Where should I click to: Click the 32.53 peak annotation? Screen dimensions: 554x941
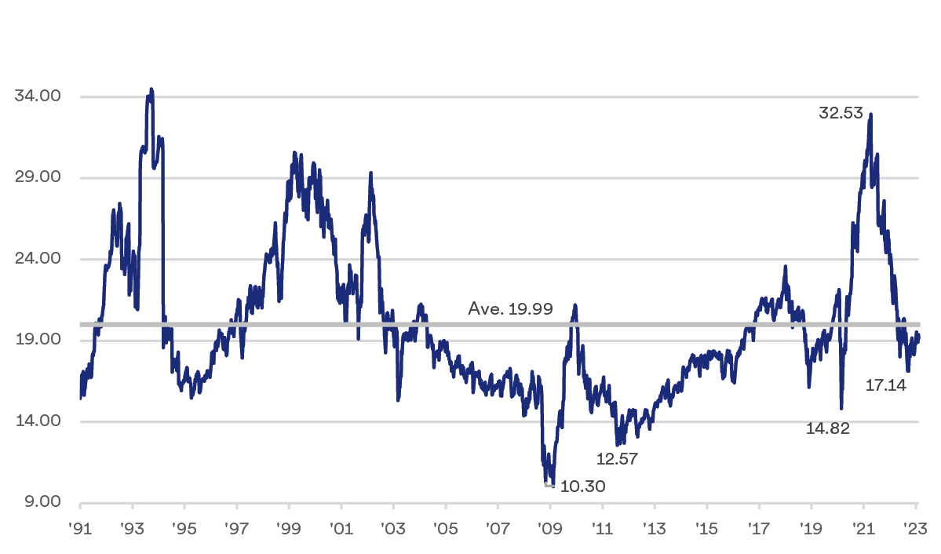841,113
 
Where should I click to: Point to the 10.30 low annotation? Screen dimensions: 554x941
584,487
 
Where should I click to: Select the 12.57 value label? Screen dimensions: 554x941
616,459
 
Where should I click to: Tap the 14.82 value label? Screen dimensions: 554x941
828,428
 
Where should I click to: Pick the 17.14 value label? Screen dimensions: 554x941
886,385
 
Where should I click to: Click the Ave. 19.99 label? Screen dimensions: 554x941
511,309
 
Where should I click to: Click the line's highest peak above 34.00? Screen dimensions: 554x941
151,89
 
